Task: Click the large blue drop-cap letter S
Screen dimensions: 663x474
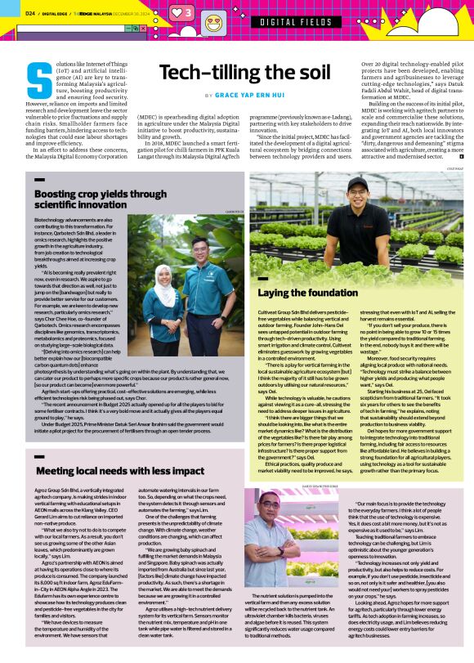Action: coord(35,80)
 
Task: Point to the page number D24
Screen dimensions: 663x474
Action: coord(29,13)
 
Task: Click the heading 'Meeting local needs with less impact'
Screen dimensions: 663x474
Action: coord(119,471)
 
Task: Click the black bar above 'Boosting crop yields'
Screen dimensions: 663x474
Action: coord(39,178)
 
